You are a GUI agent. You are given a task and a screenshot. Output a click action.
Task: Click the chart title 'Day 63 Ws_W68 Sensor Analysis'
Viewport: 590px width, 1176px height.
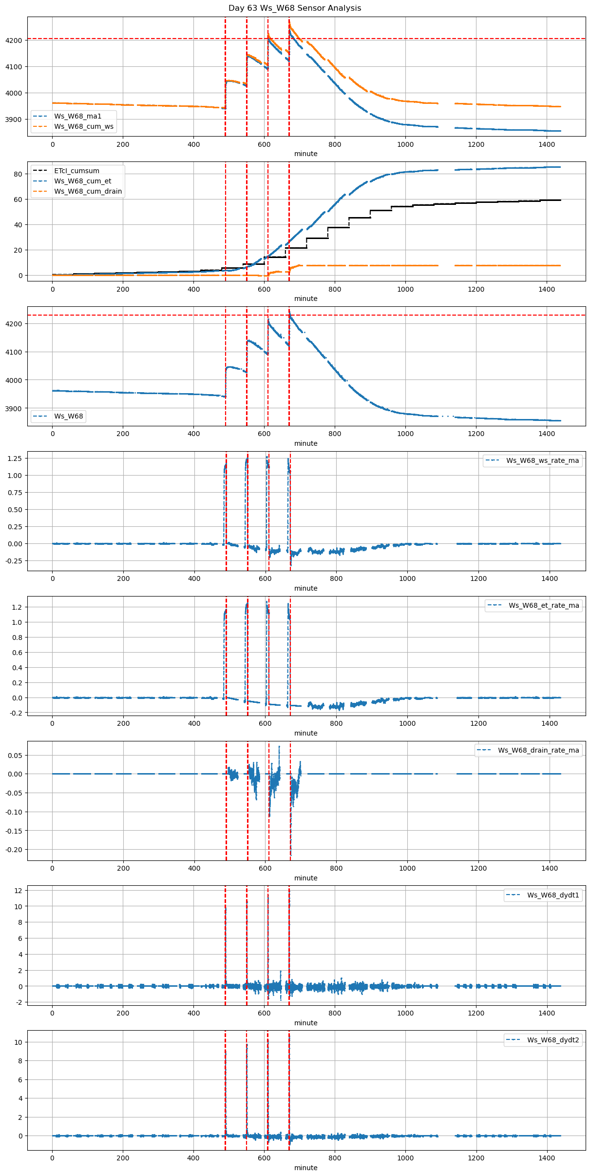pos(295,8)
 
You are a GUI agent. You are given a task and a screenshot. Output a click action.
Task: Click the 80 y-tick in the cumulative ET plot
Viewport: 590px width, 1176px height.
pos(18,174)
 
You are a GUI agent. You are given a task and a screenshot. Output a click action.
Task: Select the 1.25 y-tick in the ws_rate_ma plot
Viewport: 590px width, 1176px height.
pos(15,458)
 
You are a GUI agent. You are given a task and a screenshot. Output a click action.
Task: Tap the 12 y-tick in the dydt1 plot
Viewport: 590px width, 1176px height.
pos(19,891)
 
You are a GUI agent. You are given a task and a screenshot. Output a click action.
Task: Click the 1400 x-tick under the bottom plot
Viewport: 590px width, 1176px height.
pos(547,1158)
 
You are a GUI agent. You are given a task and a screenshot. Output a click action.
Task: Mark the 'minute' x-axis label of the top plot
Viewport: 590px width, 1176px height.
pos(306,154)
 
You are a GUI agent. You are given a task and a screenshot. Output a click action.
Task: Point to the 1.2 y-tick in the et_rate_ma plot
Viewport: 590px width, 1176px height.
pos(17,607)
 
